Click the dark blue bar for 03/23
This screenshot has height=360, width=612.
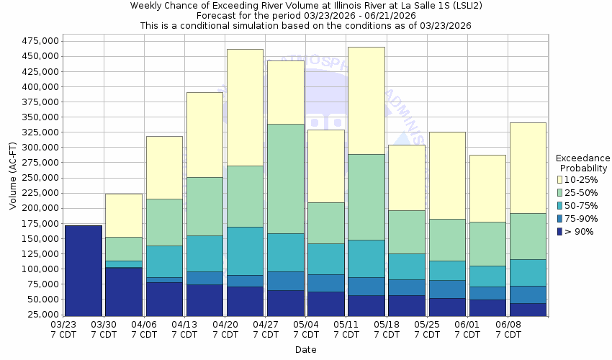pos(84,271)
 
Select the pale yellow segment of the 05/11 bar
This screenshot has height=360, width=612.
pos(366,101)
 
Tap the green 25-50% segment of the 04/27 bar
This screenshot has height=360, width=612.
pos(285,179)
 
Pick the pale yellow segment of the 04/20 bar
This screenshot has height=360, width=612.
pos(245,107)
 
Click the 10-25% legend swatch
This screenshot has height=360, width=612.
pos(560,179)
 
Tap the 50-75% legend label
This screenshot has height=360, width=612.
pos(580,205)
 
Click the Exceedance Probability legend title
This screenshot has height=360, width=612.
pos(583,163)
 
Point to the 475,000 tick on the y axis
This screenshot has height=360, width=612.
pos(39,41)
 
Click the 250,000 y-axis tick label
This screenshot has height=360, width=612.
pos(39,178)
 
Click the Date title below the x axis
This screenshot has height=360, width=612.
pos(305,350)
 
